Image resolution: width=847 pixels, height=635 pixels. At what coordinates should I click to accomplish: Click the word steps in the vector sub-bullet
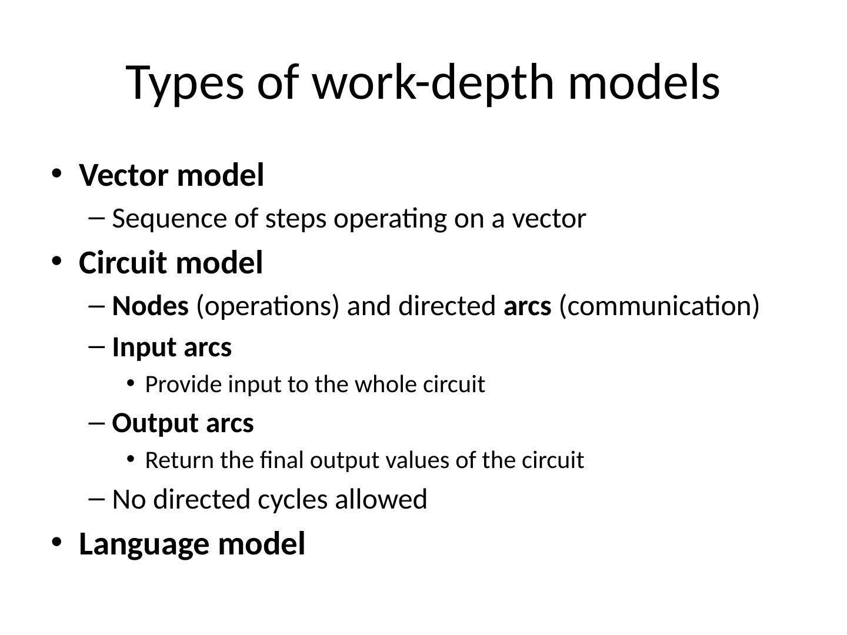click(295, 219)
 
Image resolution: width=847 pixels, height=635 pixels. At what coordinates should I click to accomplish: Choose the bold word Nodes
click(150, 306)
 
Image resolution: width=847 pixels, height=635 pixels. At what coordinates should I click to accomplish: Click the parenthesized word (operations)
click(268, 306)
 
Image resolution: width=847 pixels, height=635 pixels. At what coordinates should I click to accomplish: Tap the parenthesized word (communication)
click(659, 306)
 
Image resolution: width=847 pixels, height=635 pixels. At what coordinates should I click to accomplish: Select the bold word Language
click(144, 544)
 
